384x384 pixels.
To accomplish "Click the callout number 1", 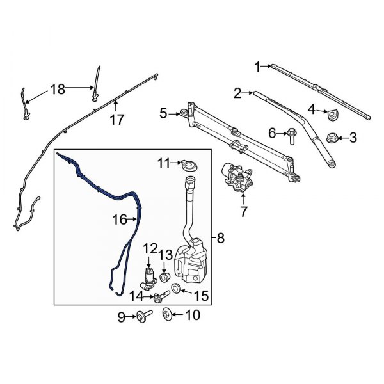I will coord(257,67).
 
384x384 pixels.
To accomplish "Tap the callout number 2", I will coord(237,93).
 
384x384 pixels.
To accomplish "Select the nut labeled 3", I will coord(332,138).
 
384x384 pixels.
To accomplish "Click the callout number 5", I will coord(163,113).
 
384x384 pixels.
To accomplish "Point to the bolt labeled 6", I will coord(291,134).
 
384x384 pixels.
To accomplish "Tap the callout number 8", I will coord(221,238).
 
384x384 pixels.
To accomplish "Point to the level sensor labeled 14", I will coord(156,295).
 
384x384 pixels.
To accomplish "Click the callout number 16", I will coord(120,220).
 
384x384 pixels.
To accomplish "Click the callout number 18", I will coord(58,89).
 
